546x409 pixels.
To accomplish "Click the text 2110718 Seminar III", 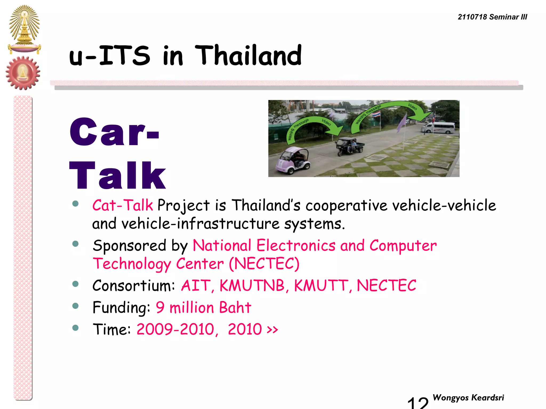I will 492,17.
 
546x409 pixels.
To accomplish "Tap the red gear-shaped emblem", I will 23,73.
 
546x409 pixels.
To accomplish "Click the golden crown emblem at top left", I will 24,29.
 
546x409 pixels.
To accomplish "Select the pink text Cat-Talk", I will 122,205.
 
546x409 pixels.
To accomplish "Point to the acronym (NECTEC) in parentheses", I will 264,264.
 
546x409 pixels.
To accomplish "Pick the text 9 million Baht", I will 203,308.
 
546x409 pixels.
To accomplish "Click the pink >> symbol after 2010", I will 272,330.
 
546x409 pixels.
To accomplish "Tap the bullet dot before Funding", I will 75,306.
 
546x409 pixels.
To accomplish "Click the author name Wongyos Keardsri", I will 468,398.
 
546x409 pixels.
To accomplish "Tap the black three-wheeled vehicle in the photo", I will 350,146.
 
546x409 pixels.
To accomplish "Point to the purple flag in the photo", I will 402,123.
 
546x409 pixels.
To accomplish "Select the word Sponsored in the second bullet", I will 129,245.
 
